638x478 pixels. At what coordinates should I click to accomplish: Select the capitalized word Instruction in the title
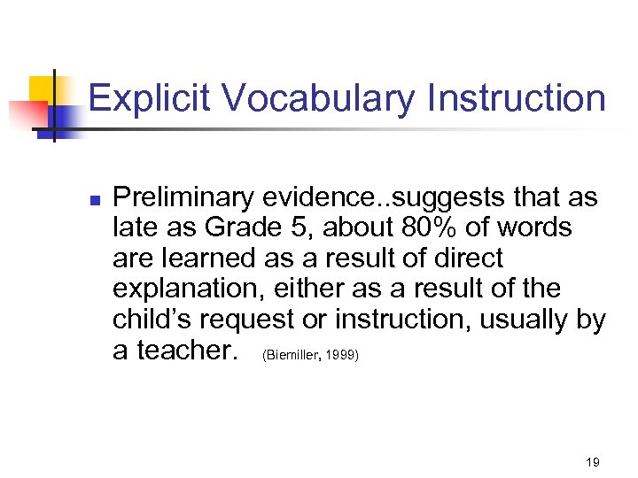coord(517,98)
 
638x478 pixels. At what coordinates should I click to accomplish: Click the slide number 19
coord(593,462)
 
